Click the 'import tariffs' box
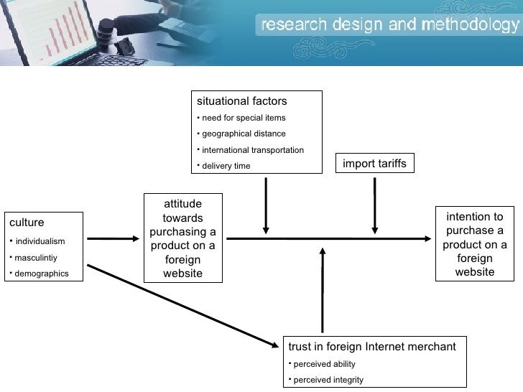(x=374, y=164)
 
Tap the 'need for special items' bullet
(x=244, y=118)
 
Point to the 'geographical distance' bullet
(x=244, y=134)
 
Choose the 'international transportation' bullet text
(x=253, y=150)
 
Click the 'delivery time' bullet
(x=226, y=166)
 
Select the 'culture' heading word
(x=27, y=223)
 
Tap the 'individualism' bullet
(x=40, y=241)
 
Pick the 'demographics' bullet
(x=42, y=274)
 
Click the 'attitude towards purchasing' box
(x=182, y=238)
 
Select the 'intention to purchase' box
(x=475, y=244)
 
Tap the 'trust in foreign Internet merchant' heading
(x=371, y=347)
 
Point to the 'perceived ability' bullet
(x=325, y=364)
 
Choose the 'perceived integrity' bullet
(x=328, y=380)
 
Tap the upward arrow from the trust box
(x=323, y=287)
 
